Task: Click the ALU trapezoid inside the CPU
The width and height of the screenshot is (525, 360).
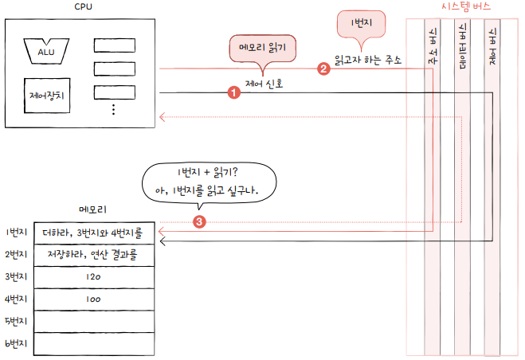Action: click(45, 51)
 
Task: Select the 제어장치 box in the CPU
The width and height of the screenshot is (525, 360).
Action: click(45, 97)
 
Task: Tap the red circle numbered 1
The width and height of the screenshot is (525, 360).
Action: click(233, 93)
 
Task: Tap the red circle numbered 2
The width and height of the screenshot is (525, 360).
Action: click(323, 68)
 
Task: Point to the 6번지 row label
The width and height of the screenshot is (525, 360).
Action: click(16, 344)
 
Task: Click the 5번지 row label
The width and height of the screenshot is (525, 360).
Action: click(16, 322)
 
